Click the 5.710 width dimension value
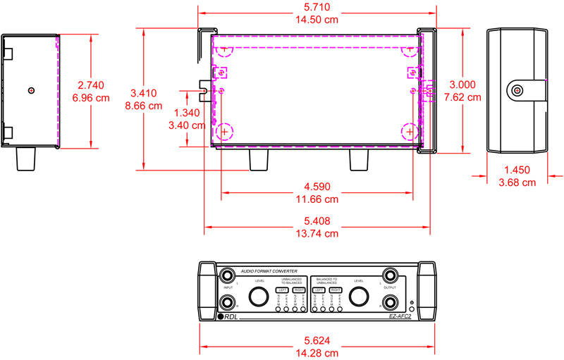tap(315, 7)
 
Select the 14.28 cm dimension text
tap(315, 353)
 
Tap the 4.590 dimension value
tap(316, 187)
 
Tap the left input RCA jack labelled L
tap(227, 275)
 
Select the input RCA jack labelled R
tap(227, 304)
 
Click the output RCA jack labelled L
tap(390, 275)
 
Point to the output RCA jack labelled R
tap(390, 304)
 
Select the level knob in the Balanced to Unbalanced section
tap(358, 296)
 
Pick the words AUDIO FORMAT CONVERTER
tap(271, 271)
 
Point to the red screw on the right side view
tap(517, 91)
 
